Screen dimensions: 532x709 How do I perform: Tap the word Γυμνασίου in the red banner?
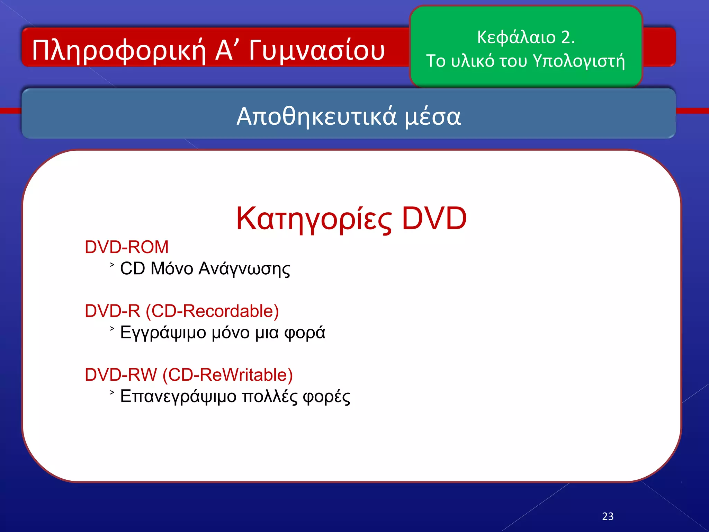point(316,51)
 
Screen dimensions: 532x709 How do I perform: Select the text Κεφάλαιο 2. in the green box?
point(526,37)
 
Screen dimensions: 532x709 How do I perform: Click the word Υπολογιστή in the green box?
point(579,61)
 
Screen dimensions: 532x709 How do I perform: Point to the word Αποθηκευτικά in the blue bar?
point(316,116)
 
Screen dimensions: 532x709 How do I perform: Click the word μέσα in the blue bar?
point(433,116)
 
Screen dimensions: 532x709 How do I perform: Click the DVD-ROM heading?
point(127,247)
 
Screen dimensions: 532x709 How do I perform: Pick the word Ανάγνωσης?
point(244,269)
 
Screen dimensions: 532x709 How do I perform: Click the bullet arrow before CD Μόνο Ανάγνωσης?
point(112,265)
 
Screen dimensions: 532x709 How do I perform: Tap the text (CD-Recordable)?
point(212,311)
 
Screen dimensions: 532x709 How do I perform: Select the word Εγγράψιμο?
point(163,333)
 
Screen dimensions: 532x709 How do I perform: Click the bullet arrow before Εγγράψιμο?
point(112,329)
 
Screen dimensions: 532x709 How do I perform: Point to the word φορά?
point(305,333)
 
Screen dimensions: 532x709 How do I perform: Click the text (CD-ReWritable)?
point(227,375)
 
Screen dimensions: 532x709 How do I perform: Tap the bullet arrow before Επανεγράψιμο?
point(112,392)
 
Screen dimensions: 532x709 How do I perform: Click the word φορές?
point(326,397)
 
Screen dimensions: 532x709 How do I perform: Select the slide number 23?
point(608,516)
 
